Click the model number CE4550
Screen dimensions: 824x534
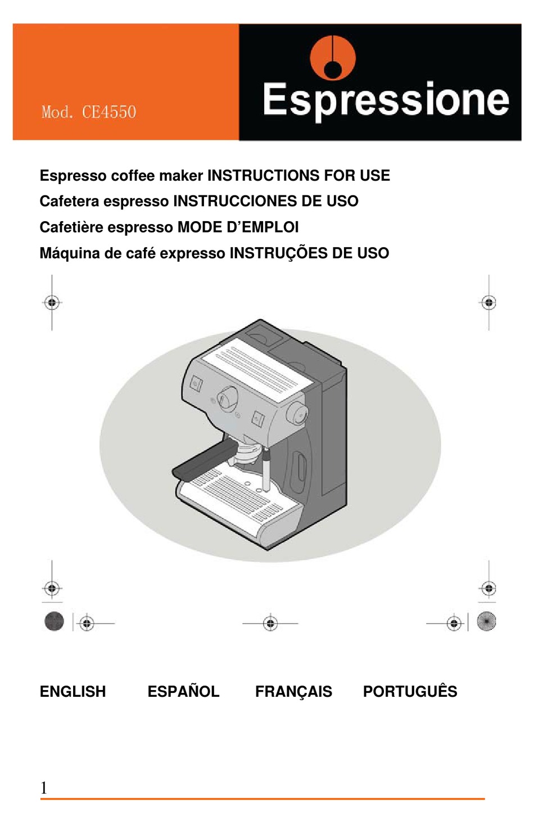pos(108,112)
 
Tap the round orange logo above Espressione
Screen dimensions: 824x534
pos(333,58)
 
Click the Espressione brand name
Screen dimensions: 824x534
pos(386,100)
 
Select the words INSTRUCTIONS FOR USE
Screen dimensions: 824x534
pos(298,176)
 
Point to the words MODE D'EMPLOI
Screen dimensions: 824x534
pos(238,227)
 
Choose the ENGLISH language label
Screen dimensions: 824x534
pos(73,691)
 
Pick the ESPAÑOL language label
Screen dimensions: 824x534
pos(183,691)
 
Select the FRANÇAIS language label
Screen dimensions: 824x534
pos(293,691)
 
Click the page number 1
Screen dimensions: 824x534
pos(44,787)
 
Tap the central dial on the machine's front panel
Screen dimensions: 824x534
pos(228,398)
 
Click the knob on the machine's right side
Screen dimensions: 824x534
pos(297,414)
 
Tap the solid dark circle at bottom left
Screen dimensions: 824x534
pos(54,621)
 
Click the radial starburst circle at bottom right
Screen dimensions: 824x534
pos(486,621)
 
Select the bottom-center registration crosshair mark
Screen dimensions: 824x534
pos(270,623)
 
